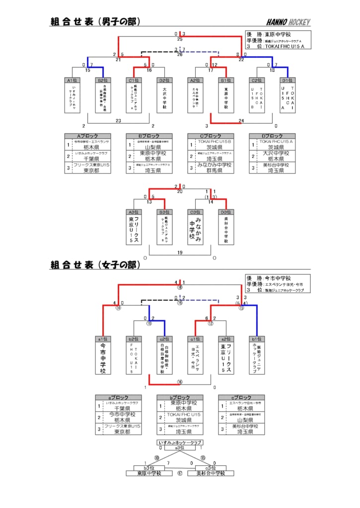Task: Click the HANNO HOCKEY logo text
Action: click(288, 22)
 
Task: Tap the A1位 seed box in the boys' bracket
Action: click(72, 80)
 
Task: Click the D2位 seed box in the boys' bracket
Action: click(165, 80)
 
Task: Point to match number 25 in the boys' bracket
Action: click(180, 38)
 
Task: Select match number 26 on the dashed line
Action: click(180, 54)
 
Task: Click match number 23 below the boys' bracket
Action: click(118, 121)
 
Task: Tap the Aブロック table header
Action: click(87, 136)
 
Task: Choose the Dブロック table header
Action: click(272, 136)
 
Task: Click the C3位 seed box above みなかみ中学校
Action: click(195, 212)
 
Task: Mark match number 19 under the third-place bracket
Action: click(180, 253)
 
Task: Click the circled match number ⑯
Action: click(180, 381)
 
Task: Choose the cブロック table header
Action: click(241, 397)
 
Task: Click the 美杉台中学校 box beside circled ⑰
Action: click(211, 473)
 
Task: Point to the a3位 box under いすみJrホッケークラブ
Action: click(180, 447)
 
